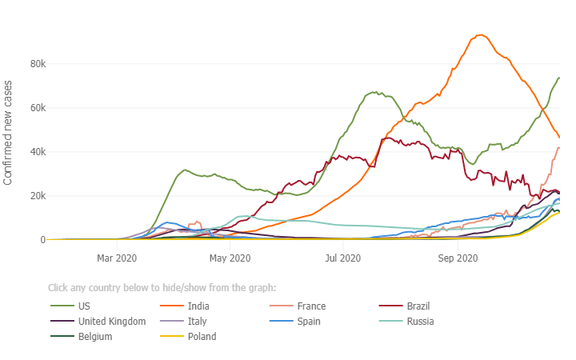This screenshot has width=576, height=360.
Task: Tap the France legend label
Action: [x=310, y=306]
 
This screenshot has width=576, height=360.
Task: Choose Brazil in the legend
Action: [x=418, y=306]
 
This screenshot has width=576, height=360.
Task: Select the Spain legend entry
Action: [x=310, y=322]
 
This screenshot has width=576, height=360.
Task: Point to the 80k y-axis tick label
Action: [x=36, y=64]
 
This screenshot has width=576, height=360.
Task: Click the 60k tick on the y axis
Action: [x=36, y=108]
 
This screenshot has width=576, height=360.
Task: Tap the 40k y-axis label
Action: [x=36, y=152]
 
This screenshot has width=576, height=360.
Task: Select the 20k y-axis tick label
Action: [x=36, y=196]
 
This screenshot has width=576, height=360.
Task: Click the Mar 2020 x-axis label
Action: [x=117, y=258]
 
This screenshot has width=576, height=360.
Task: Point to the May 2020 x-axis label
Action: [x=230, y=258]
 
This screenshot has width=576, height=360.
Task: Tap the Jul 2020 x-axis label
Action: [x=343, y=258]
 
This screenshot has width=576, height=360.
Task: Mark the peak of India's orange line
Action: [x=481, y=35]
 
